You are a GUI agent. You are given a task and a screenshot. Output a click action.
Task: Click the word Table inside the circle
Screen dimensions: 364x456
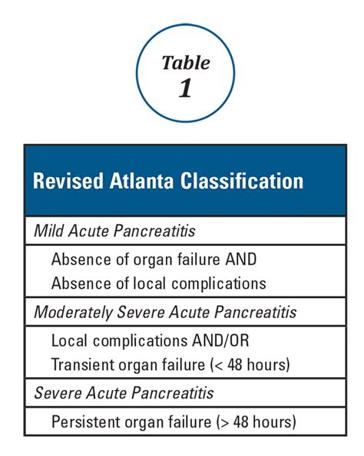click(x=184, y=63)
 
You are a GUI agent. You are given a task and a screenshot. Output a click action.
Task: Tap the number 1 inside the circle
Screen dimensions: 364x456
click(x=185, y=87)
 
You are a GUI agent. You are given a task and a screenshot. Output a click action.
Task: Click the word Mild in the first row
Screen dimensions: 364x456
click(x=48, y=229)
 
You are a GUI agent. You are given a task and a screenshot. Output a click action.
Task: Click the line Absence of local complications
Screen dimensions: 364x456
click(x=159, y=283)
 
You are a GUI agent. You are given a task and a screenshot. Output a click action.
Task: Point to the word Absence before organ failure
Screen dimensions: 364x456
click(x=80, y=258)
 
